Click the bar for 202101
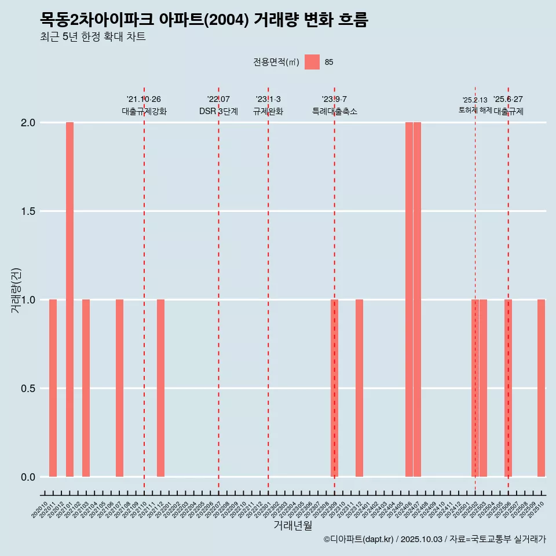click(x=69, y=299)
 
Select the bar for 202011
click(x=53, y=388)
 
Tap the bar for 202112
click(x=160, y=388)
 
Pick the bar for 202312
click(x=359, y=388)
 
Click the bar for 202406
click(x=409, y=299)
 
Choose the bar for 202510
click(x=541, y=388)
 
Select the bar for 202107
click(x=119, y=388)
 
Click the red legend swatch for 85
click(x=312, y=62)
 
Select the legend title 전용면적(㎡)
click(x=276, y=62)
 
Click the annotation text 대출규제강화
click(x=144, y=111)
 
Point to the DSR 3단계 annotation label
click(x=218, y=111)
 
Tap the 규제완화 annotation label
click(x=268, y=111)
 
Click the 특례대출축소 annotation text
click(x=335, y=111)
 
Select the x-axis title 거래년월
click(x=292, y=525)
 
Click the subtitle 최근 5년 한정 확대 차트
click(x=93, y=37)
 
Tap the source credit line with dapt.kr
click(x=434, y=539)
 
